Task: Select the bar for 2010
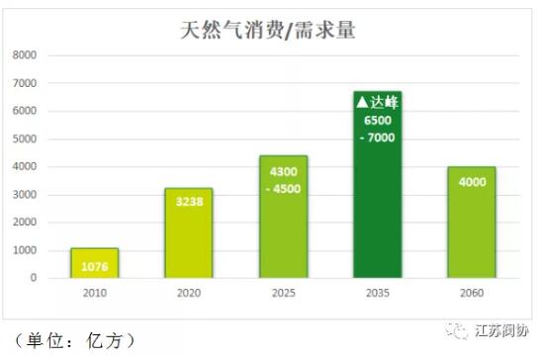pyautogui.click(x=94, y=263)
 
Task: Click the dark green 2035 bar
pyautogui.click(x=377, y=188)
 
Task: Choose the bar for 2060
pyautogui.click(x=471, y=223)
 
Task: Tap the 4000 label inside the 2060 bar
pyautogui.click(x=471, y=182)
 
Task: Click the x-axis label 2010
pyautogui.click(x=94, y=294)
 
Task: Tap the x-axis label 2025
pyautogui.click(x=283, y=294)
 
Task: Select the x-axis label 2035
pyautogui.click(x=377, y=294)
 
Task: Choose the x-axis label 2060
pyautogui.click(x=471, y=294)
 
